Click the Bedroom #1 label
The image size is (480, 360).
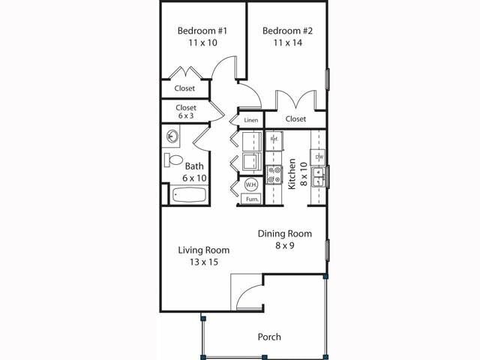[202, 31]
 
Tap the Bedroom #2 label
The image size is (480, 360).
[287, 31]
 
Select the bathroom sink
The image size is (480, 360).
[172, 136]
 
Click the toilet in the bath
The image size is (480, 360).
[174, 160]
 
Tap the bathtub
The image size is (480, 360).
[189, 195]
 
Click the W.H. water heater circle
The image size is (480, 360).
[251, 184]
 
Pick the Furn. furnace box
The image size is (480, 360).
[251, 199]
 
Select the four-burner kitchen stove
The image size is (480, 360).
[274, 175]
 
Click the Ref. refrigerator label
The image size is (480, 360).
[274, 139]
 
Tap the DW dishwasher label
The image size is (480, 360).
[319, 157]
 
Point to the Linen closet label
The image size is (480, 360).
[250, 120]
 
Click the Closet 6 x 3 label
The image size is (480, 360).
[187, 112]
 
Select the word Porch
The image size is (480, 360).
[269, 337]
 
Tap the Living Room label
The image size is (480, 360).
[203, 250]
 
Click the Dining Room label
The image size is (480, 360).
[284, 233]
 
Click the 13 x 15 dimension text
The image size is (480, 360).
[203, 262]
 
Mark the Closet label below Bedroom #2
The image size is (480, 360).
[295, 118]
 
